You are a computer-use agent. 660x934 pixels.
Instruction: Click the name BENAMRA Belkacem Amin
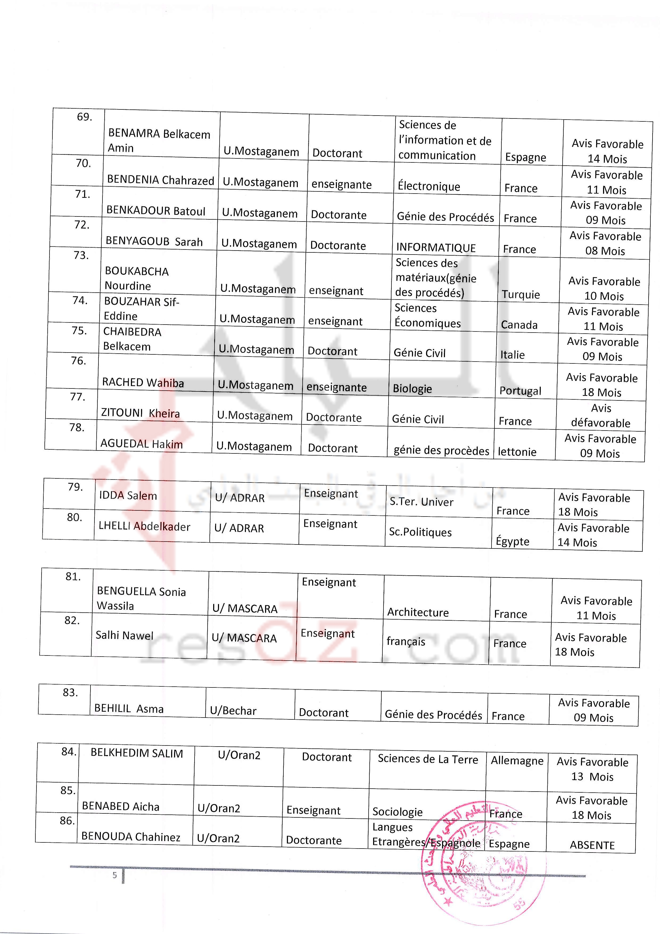point(159,141)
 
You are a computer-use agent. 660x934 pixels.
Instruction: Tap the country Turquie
point(521,294)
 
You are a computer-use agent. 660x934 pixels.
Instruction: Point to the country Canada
point(519,325)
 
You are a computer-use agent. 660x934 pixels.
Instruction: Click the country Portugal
point(520,391)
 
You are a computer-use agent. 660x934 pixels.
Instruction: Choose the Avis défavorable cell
point(601,416)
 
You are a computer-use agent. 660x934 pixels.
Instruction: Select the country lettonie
point(517,452)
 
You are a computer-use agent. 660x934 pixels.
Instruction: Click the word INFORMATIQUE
point(436,248)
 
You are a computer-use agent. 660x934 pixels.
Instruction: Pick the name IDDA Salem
point(128,495)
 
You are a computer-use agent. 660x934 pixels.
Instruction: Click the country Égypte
point(512,542)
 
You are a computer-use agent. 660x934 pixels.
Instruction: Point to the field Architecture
point(418,612)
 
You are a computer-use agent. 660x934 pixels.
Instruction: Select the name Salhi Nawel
point(125,636)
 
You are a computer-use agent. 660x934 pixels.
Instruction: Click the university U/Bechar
point(233,711)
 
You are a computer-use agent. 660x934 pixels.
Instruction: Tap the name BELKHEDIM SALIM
point(137,753)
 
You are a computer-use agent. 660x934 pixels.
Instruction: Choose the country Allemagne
point(517,761)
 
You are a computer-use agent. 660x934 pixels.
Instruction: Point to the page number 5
point(115,875)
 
